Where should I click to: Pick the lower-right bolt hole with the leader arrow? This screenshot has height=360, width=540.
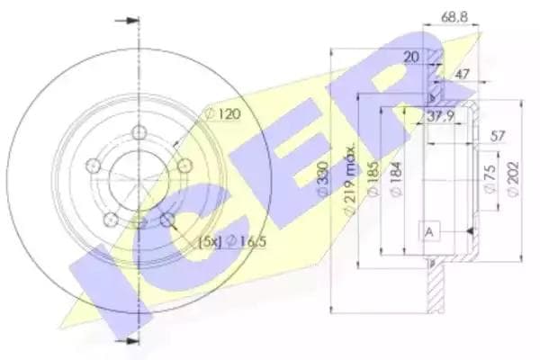(x=167, y=220)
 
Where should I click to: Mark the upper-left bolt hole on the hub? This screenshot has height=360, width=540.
(x=93, y=166)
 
